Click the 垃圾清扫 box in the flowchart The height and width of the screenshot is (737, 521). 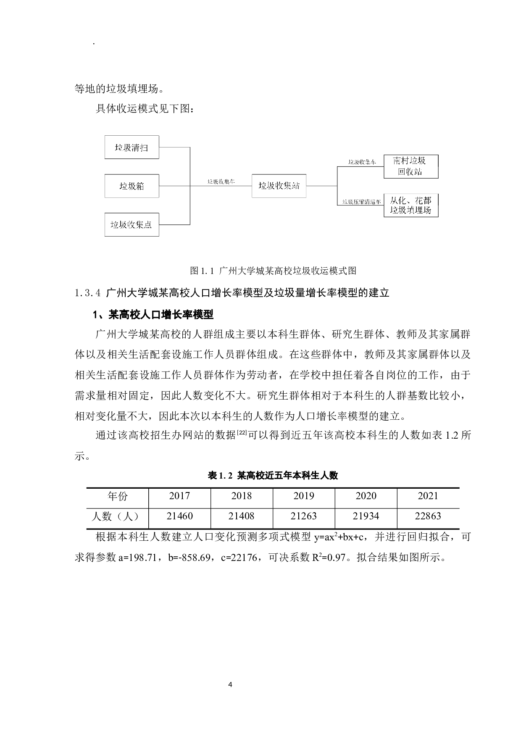(x=132, y=147)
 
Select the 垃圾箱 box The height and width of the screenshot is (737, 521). (x=132, y=186)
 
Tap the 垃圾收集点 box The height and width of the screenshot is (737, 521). (x=132, y=225)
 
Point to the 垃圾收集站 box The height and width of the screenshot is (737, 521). (x=279, y=186)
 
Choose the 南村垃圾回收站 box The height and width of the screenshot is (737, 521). (x=410, y=166)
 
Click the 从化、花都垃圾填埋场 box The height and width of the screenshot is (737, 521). (x=410, y=205)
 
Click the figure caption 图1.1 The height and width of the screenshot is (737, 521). (x=273, y=271)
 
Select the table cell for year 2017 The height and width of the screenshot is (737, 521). (x=179, y=496)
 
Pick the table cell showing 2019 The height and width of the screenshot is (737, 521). (x=304, y=496)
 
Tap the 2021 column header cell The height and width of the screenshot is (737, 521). (x=428, y=496)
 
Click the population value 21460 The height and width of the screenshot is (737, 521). (x=179, y=516)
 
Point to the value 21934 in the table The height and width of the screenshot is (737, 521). (x=366, y=516)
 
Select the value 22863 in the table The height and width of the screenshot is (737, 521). (x=428, y=516)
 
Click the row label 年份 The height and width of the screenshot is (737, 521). (x=117, y=496)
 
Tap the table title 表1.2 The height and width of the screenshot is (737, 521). (x=273, y=476)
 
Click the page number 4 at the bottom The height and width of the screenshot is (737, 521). (x=230, y=684)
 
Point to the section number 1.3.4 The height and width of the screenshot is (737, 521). (x=87, y=293)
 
